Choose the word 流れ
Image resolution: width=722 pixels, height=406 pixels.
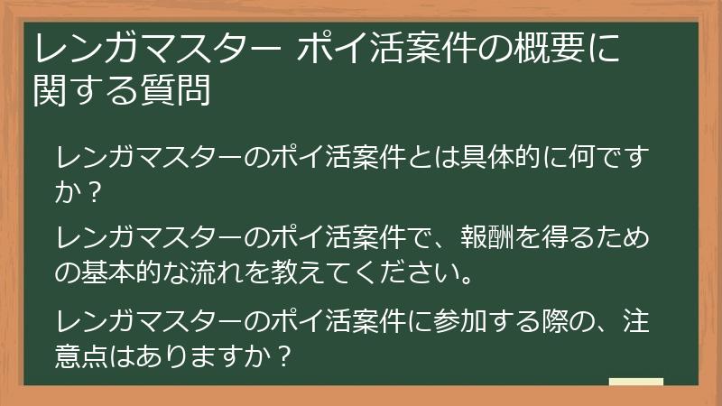(221, 272)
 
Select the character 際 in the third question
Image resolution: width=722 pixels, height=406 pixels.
(541, 320)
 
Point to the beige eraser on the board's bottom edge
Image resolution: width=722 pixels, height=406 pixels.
(635, 383)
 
